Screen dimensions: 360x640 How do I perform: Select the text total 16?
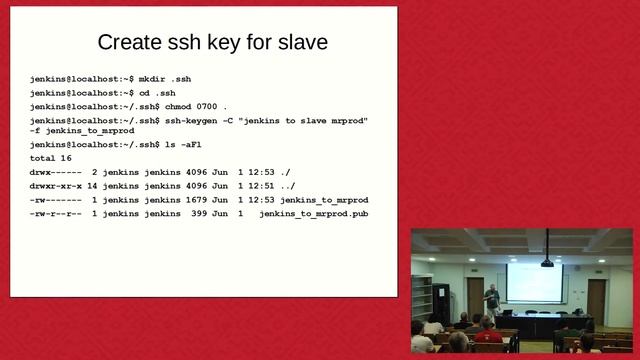50,158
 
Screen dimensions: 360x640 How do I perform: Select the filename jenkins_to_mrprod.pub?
313,214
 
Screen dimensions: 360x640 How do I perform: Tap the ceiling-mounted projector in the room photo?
547,262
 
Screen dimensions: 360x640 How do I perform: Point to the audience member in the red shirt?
487,333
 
